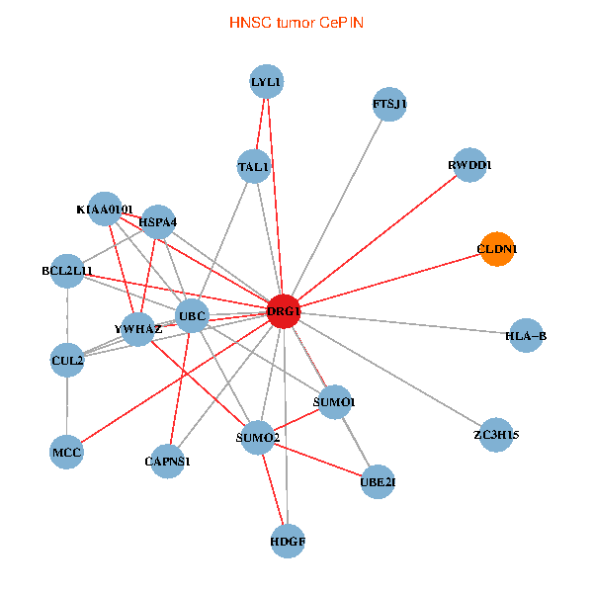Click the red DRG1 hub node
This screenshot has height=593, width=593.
[284, 311]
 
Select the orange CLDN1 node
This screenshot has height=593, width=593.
[497, 250]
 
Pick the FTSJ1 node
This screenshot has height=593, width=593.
[389, 104]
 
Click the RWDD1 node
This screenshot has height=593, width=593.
[469, 165]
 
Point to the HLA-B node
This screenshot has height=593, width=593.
[526, 336]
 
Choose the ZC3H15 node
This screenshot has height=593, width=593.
[496, 435]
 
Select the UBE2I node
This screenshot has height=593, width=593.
[378, 481]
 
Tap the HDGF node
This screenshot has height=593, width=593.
[288, 542]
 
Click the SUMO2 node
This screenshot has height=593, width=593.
[259, 438]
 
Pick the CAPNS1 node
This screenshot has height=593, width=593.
[168, 461]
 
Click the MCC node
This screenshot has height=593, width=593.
[66, 453]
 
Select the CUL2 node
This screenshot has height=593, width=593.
[67, 361]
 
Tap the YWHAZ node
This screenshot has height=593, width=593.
[138, 329]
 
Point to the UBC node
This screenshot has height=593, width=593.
[192, 316]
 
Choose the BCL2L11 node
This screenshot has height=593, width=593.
[67, 270]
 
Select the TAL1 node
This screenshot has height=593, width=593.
[254, 167]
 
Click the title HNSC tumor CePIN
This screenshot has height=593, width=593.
[295, 22]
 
